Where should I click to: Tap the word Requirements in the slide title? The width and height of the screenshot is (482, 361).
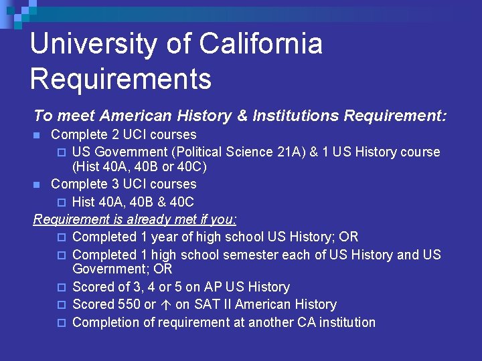tap(120, 79)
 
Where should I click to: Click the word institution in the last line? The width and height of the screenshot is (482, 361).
tap(342, 322)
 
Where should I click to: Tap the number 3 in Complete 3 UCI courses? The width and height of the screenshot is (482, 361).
tap(108, 184)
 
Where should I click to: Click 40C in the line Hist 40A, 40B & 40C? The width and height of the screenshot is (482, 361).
tap(181, 202)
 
